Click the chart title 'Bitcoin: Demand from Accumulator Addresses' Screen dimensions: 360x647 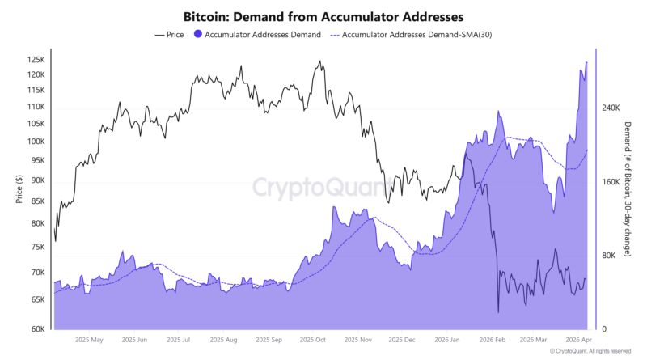tap(323, 16)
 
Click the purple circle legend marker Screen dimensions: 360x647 tap(197, 35)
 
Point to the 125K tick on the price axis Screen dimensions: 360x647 tap(36, 60)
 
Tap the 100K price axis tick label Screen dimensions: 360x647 tap(36, 142)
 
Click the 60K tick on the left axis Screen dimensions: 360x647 tap(37, 329)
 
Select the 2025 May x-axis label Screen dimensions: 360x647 tap(89, 341)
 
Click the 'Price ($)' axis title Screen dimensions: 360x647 tap(18, 190)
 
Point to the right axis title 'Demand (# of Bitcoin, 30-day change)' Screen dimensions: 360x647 tap(628, 190)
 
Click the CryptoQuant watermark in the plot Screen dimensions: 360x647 tap(323, 188)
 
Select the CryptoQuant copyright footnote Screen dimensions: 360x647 tap(590, 352)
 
